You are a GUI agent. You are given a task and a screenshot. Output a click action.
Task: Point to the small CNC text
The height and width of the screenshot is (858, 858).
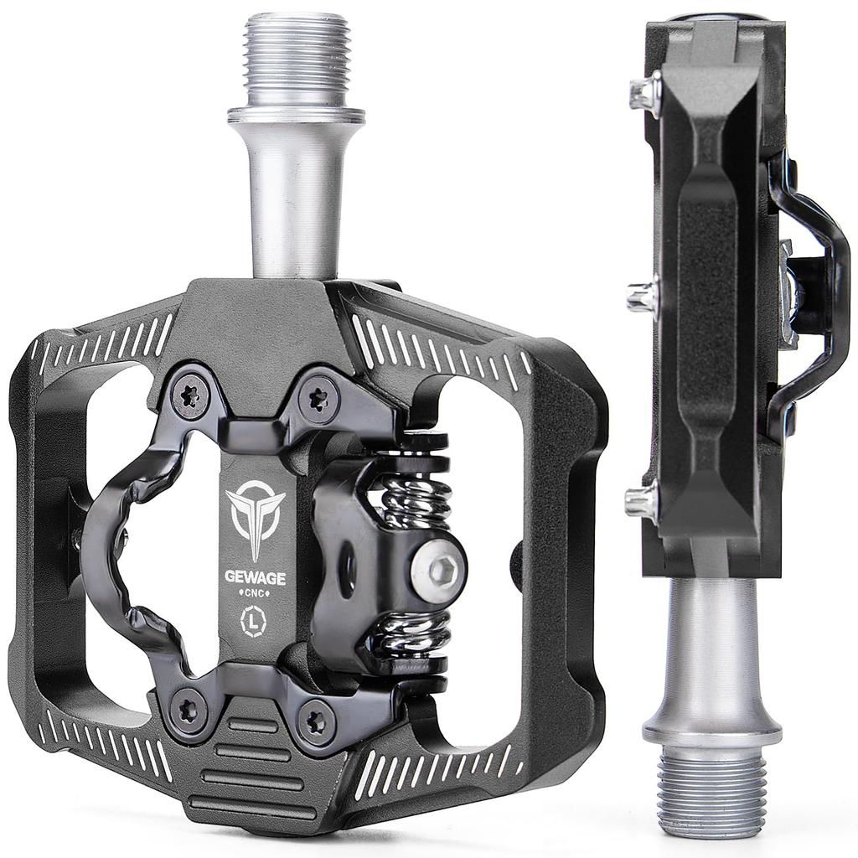(x=254, y=592)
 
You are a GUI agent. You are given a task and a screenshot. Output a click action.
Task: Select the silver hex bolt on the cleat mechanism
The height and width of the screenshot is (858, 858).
(x=439, y=572)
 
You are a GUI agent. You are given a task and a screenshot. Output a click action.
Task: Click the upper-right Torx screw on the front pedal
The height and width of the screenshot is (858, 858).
(x=317, y=396)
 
